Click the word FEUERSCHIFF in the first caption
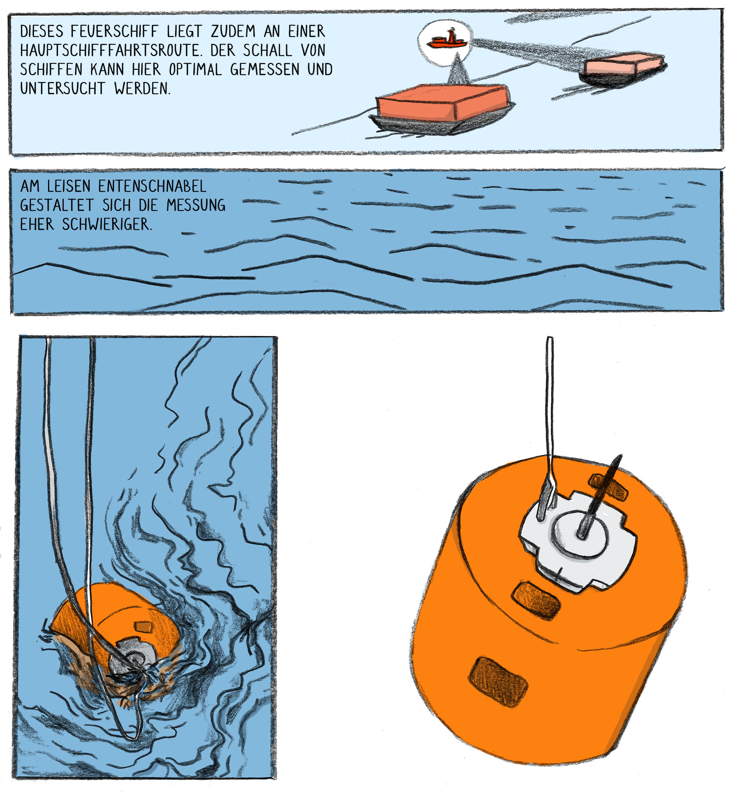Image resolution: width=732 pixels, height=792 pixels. (114, 31)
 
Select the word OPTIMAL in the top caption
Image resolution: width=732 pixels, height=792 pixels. (195, 69)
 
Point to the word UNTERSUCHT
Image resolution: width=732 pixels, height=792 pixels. (63, 88)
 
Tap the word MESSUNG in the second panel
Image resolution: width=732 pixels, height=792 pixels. (196, 205)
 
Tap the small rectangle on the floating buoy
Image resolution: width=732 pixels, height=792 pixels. (143, 626)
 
